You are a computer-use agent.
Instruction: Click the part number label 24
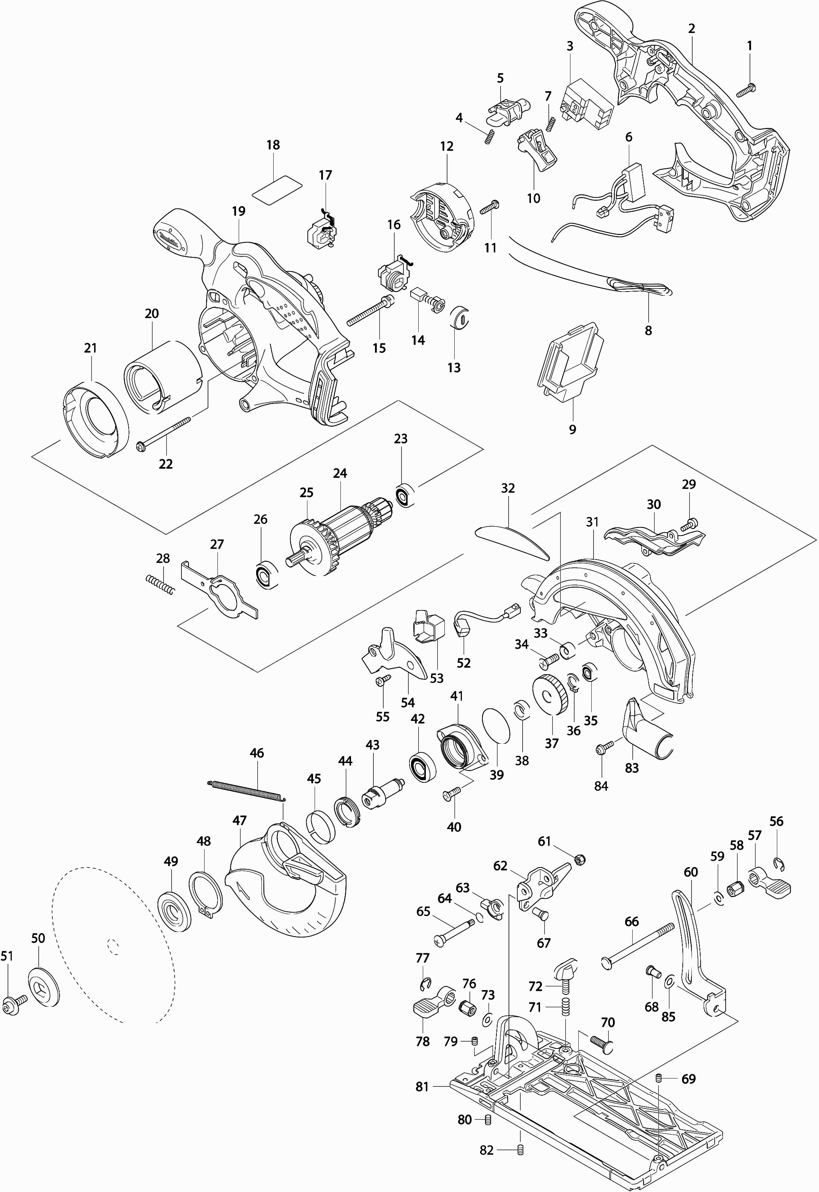tap(340, 473)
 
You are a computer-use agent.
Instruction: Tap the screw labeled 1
tap(746, 91)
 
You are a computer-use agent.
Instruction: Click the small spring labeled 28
tap(160, 585)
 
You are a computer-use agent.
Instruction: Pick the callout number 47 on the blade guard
tap(239, 820)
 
